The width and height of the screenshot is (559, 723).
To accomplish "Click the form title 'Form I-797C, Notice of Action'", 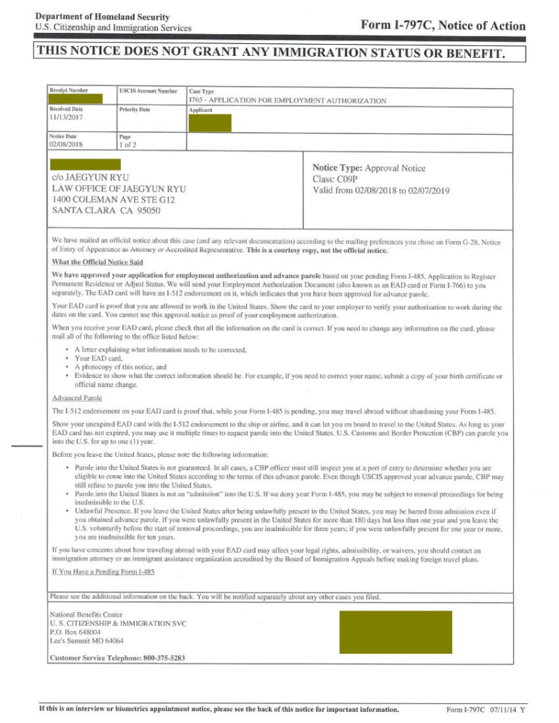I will point(442,25).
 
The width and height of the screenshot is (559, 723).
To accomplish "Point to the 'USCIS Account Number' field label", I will point(148,91).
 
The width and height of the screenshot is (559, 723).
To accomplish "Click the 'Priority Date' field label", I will point(135,110).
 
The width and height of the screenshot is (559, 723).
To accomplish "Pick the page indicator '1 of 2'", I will point(129,145).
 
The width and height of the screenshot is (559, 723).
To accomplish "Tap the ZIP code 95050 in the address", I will point(147,210).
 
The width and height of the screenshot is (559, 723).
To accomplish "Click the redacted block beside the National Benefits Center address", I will point(395,632).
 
